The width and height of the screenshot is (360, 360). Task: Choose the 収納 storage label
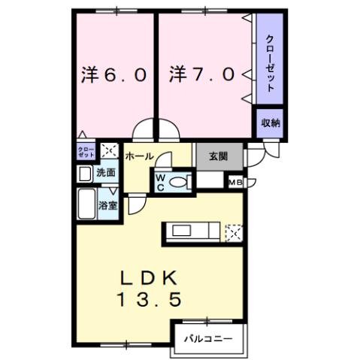click(271, 123)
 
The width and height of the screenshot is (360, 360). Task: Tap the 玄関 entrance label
click(219, 157)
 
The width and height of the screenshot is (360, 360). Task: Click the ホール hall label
click(139, 156)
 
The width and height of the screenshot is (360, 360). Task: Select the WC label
click(160, 183)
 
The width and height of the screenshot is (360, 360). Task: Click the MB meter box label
click(234, 182)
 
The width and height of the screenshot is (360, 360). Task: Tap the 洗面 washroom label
click(106, 174)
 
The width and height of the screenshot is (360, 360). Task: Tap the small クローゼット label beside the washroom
click(86, 150)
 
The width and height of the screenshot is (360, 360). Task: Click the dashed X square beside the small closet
click(109, 150)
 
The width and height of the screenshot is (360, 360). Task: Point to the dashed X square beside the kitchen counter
click(234, 232)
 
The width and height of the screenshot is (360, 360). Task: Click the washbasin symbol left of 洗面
click(85, 174)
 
